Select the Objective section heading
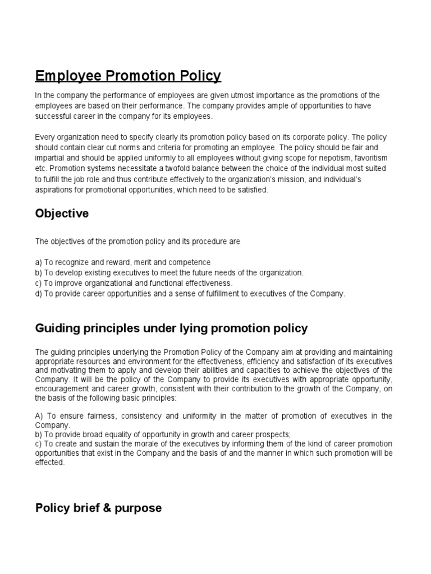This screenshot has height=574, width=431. pos(62,214)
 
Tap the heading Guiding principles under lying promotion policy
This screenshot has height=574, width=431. pos(171,328)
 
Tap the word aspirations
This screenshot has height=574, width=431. pos(54,190)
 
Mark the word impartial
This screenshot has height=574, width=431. pos(52,159)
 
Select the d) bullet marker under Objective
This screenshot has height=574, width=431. pos(39,293)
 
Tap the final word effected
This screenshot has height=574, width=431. pos(49,463)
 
